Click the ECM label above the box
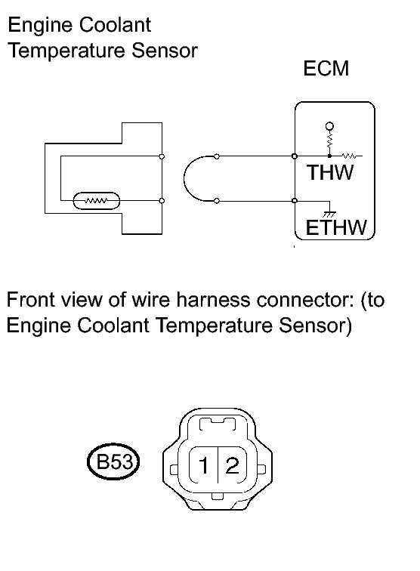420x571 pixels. click(x=326, y=69)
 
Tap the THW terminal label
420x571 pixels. click(x=330, y=172)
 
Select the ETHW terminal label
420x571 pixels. click(x=336, y=227)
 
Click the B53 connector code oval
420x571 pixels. click(x=113, y=462)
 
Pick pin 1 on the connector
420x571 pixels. click(x=204, y=465)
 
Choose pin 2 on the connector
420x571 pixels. click(x=233, y=465)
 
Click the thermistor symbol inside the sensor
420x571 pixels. click(x=97, y=201)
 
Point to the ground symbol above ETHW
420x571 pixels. click(x=329, y=215)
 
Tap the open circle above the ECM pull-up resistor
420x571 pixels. click(x=329, y=126)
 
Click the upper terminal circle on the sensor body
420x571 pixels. click(x=162, y=156)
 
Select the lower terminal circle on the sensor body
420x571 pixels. click(x=162, y=201)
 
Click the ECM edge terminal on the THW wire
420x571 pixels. click(x=295, y=156)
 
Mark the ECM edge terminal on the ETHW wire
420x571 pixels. click(x=295, y=201)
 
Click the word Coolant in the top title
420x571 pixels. click(x=115, y=25)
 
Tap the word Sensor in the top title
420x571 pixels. click(x=165, y=51)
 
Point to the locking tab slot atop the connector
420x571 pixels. click(x=218, y=424)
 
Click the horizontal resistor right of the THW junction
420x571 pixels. click(x=350, y=156)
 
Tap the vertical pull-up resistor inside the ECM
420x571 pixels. click(x=329, y=140)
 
